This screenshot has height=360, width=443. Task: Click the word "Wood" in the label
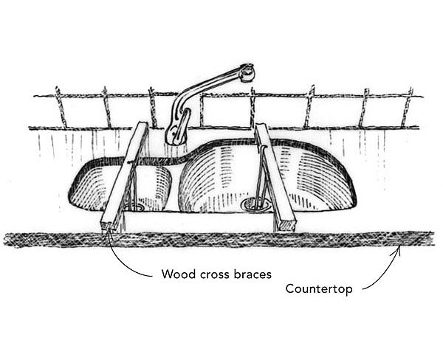(x=178, y=274)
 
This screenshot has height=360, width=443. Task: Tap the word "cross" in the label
(x=214, y=274)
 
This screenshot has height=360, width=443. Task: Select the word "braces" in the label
(x=253, y=274)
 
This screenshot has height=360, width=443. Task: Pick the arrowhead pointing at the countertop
(x=400, y=247)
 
